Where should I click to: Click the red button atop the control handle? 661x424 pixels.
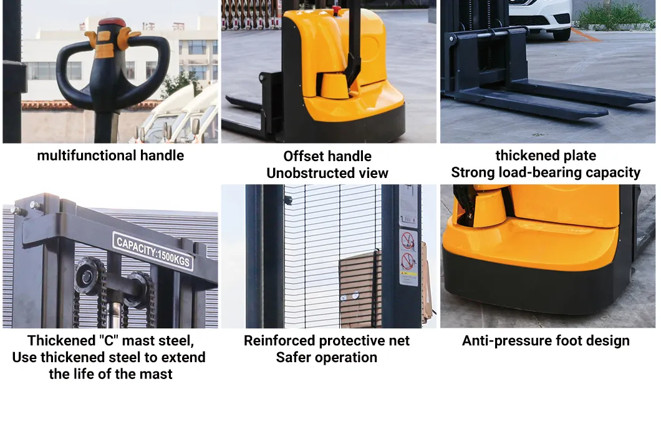coord(112,23)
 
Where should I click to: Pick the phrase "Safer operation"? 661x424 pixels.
coord(327,358)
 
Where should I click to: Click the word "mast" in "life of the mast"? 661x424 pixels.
coord(157,375)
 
